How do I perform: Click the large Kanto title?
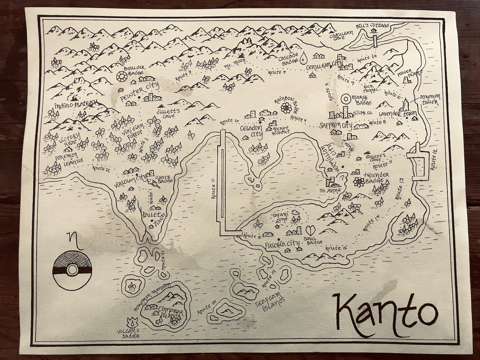(x=385, y=314)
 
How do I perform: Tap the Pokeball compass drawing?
(x=71, y=268)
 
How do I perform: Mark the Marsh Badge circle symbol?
(x=344, y=99)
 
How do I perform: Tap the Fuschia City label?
(x=282, y=244)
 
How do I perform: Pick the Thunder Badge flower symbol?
(x=359, y=182)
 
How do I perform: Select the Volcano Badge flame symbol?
(x=131, y=321)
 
